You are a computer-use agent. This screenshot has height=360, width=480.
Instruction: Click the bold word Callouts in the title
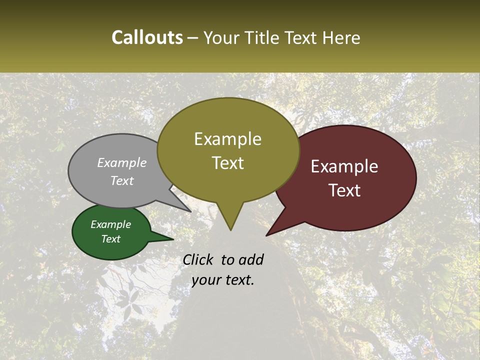(x=147, y=37)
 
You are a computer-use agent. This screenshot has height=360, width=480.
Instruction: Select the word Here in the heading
(x=341, y=37)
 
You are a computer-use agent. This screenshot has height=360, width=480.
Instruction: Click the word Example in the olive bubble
(x=227, y=139)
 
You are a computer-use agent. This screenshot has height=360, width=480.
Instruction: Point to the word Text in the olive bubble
(x=227, y=163)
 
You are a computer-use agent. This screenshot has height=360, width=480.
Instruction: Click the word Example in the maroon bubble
(x=344, y=166)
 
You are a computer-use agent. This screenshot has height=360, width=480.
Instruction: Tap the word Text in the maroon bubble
(x=344, y=190)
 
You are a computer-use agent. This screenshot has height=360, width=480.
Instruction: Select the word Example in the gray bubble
(x=122, y=162)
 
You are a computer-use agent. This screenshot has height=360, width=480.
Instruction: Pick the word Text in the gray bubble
(x=122, y=180)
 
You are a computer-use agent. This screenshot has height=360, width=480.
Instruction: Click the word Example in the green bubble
(x=110, y=224)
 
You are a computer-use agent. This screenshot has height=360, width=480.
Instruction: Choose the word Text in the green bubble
(x=110, y=239)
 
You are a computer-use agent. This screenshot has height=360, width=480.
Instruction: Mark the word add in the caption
(x=250, y=259)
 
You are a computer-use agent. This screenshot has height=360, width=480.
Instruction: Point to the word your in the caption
(x=206, y=280)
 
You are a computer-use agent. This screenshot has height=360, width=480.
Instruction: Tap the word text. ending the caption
(x=238, y=280)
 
